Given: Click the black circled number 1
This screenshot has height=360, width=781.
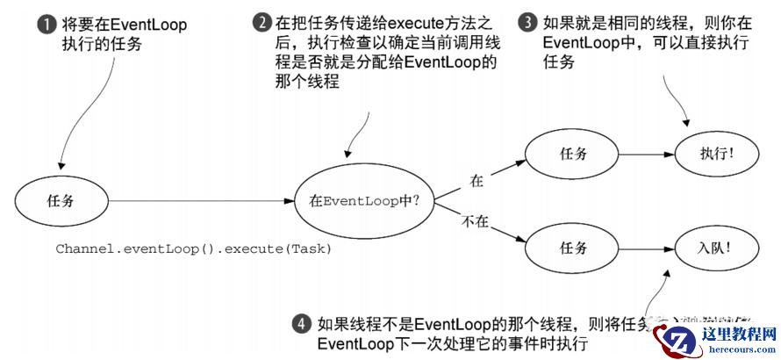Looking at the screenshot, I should (45, 25).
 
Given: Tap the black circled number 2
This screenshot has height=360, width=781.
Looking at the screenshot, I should (261, 25).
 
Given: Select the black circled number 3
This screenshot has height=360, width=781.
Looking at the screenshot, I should (527, 24).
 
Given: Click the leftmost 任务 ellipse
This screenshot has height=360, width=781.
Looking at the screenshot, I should (61, 200).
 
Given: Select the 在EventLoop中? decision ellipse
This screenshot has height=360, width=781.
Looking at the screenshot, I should (364, 200).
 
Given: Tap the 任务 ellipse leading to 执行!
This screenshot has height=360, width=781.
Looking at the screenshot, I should (573, 154).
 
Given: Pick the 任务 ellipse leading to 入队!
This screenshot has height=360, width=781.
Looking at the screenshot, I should (573, 247).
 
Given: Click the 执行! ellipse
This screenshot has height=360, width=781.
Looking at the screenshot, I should (717, 154).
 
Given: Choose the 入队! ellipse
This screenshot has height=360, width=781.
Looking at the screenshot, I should (717, 247).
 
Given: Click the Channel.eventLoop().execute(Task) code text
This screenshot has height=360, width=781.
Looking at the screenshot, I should (194, 248).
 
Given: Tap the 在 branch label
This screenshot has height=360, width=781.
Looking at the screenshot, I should (476, 182).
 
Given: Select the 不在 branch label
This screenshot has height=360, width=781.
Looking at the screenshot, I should (474, 222).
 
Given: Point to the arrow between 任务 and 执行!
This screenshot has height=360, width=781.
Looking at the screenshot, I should (647, 154).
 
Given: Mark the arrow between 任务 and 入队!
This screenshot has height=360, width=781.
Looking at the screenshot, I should (647, 247).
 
